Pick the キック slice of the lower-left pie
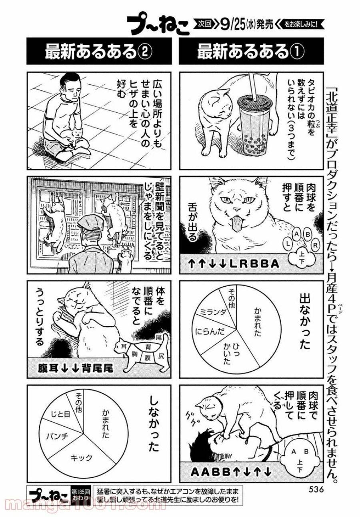(x=81, y=457)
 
